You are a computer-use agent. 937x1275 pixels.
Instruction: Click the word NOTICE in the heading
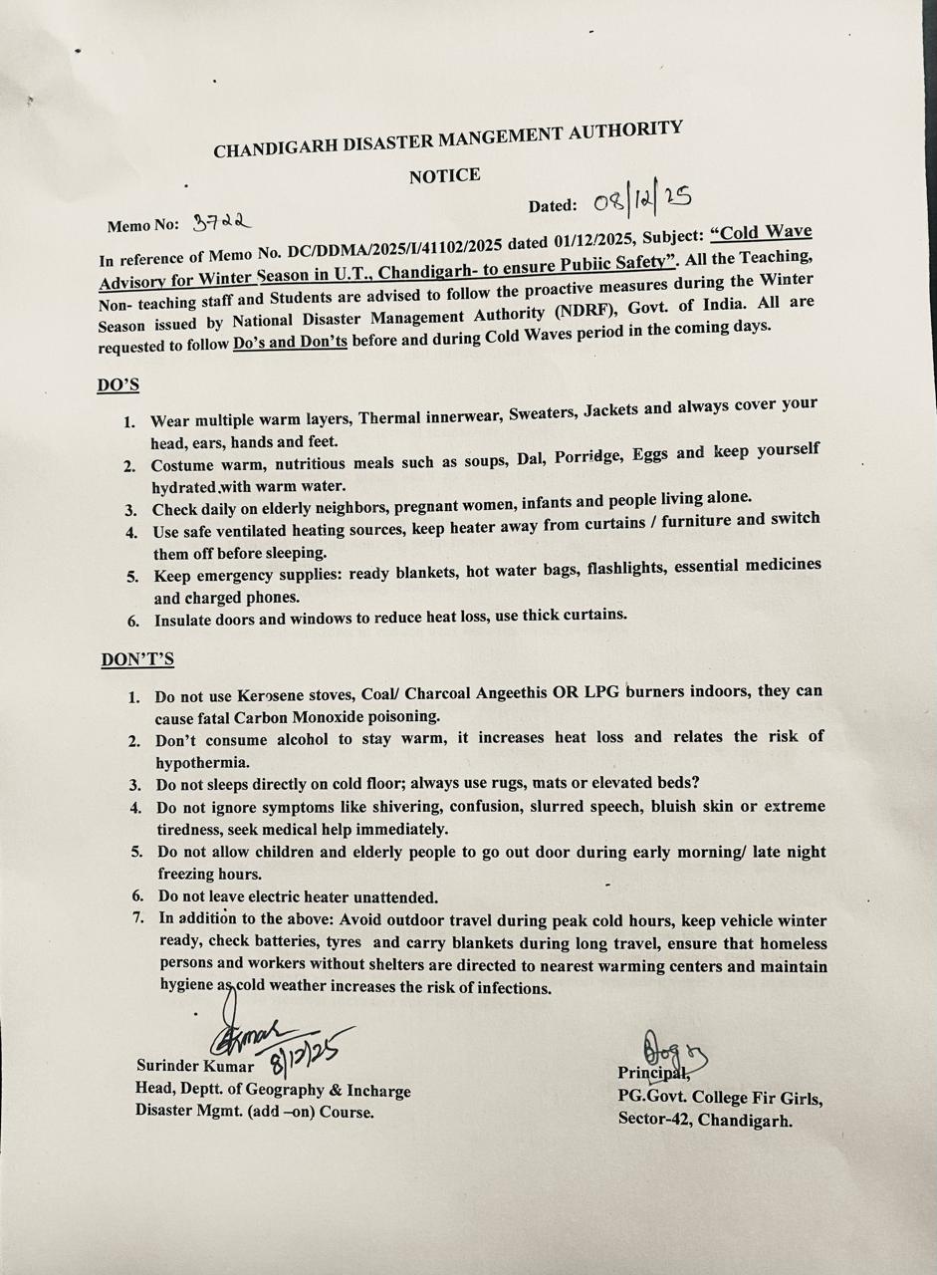[x=444, y=176]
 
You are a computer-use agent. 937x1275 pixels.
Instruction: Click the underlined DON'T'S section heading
[x=137, y=659]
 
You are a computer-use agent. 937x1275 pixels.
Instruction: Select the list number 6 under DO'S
[x=131, y=622]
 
